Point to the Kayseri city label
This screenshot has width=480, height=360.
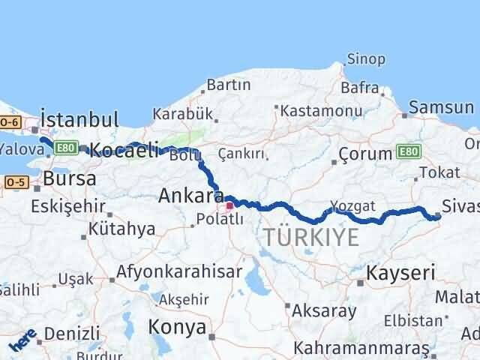[x=400, y=271]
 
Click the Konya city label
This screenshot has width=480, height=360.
[x=177, y=327]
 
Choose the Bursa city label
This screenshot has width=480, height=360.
[x=69, y=179]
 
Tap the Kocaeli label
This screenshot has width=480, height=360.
[x=123, y=150]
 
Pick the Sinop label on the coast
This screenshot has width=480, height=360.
[x=366, y=59]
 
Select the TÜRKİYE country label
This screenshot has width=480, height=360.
[x=311, y=238]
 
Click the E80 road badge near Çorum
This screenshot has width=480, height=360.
[x=409, y=152]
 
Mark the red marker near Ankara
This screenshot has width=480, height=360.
[x=230, y=202]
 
